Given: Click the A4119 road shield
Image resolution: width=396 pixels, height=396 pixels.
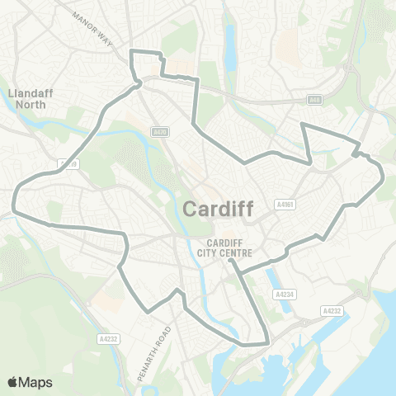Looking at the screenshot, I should tap(68, 164).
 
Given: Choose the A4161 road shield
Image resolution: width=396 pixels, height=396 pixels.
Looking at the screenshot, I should tap(285, 205).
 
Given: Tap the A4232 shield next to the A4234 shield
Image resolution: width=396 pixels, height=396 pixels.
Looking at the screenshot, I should tap(331, 311).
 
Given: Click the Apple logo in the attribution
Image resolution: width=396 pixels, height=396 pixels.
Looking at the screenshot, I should tap(12, 382).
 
